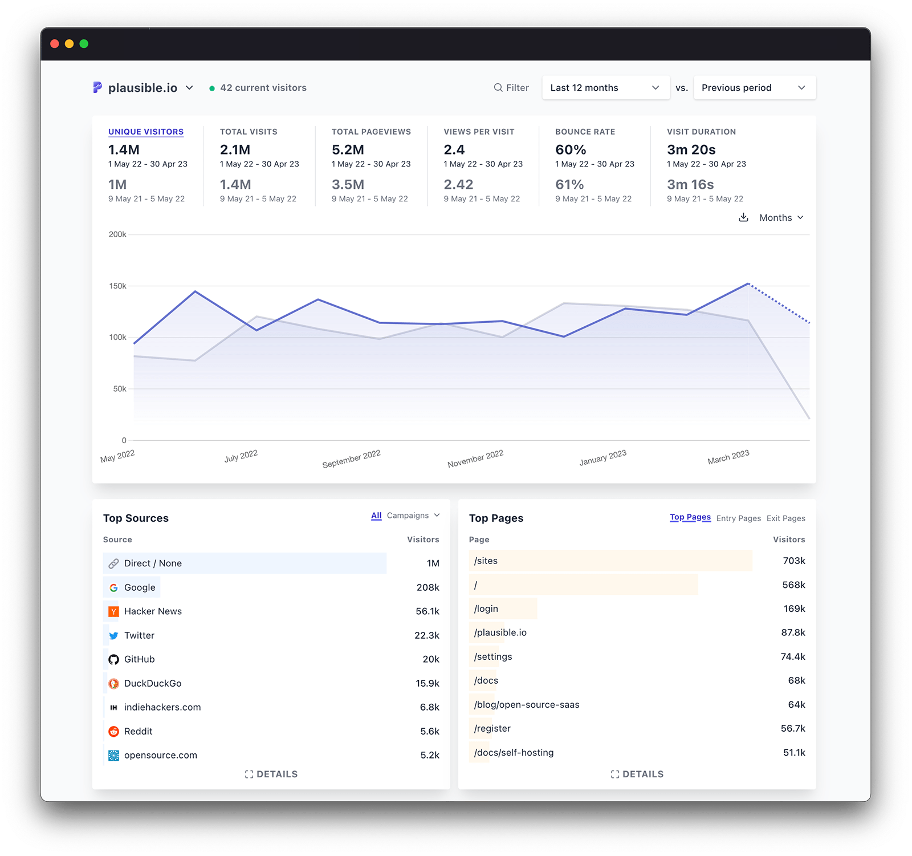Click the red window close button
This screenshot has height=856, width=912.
(55, 44)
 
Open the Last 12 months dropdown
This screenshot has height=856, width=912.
(605, 88)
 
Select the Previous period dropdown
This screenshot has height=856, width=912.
(754, 88)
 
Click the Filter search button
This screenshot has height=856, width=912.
(511, 88)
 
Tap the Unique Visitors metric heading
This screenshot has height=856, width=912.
(146, 132)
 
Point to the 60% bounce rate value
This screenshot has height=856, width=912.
(571, 150)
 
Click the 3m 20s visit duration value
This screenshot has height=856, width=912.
(691, 150)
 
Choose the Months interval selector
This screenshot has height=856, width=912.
(781, 218)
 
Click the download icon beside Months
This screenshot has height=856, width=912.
(743, 217)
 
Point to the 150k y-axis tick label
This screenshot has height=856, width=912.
(117, 286)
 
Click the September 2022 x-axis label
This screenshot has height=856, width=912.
(351, 459)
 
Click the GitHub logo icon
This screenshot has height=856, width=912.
(114, 660)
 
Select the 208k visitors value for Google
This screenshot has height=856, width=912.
(427, 587)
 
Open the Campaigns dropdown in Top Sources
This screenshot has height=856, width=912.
(413, 516)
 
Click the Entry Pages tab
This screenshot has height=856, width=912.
(738, 518)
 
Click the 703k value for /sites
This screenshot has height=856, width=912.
(793, 561)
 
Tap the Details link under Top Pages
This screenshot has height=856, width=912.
(637, 774)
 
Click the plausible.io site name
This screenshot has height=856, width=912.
(142, 88)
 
